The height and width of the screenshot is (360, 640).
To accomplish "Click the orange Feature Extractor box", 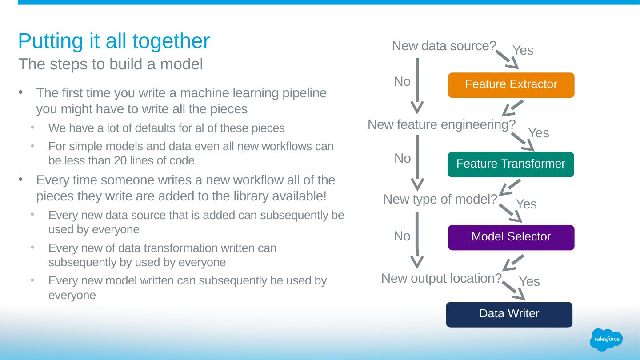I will [511, 85].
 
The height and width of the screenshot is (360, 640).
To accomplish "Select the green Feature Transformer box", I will [511, 164].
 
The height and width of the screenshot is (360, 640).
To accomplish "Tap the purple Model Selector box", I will [511, 237].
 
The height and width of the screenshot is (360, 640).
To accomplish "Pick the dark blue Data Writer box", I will [509, 314].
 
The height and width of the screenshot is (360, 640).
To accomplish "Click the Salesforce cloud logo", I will [607, 340].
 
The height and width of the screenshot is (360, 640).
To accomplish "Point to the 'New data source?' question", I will [444, 46].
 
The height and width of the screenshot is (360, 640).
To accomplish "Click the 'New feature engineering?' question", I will [441, 125].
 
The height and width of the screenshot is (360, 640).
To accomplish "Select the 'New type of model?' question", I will [440, 200].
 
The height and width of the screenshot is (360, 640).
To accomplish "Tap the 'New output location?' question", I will [441, 279].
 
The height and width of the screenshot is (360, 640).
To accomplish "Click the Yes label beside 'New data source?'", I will [523, 51].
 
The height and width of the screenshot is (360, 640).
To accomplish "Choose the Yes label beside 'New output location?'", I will [529, 281].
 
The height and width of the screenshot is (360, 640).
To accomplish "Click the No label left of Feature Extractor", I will [402, 82].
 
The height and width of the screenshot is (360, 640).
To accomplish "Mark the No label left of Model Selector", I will [402, 237].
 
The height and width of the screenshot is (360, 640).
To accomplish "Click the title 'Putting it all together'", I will [114, 41].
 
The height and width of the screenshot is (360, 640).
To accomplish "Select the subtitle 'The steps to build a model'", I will [111, 64].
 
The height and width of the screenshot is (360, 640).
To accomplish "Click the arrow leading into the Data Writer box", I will [515, 292].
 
